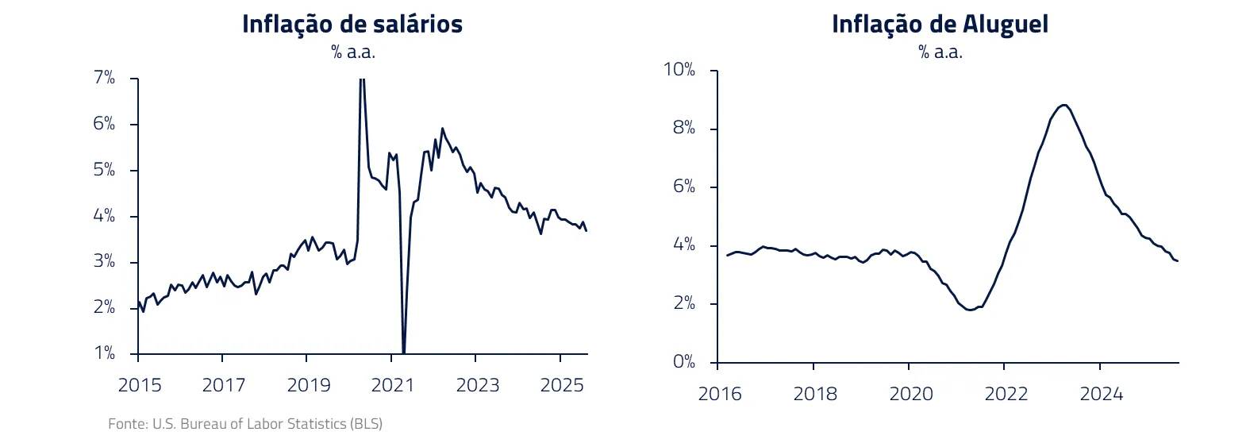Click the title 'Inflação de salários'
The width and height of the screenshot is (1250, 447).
[x=352, y=24]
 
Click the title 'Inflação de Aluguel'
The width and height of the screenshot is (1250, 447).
[x=940, y=24]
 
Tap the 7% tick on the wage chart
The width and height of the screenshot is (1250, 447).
[x=104, y=78]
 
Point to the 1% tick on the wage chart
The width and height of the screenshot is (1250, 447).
[x=104, y=353]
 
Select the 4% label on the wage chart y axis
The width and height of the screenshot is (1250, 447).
[x=104, y=216]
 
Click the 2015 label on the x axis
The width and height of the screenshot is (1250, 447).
[x=140, y=386]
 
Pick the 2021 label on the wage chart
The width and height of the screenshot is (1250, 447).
[x=393, y=386]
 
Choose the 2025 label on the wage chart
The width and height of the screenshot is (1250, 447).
[x=562, y=386]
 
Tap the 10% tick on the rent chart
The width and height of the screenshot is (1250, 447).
[x=679, y=70]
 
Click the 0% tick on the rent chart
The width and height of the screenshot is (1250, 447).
[x=683, y=362]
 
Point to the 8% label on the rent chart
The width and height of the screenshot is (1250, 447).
[x=683, y=128]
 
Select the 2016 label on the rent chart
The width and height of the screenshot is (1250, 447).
[x=719, y=394]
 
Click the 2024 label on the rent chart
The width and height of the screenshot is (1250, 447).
[x=1101, y=394]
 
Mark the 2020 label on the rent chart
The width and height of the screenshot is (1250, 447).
[x=910, y=394]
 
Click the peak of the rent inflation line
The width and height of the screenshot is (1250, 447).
[x=1063, y=105]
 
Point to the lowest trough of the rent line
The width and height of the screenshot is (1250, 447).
[x=970, y=310]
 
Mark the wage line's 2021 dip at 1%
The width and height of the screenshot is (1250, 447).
[x=403, y=352]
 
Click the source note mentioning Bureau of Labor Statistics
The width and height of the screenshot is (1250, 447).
[x=245, y=424]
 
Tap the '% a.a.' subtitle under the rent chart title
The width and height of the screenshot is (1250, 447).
[x=940, y=52]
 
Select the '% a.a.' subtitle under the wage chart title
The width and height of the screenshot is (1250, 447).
[x=352, y=52]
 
